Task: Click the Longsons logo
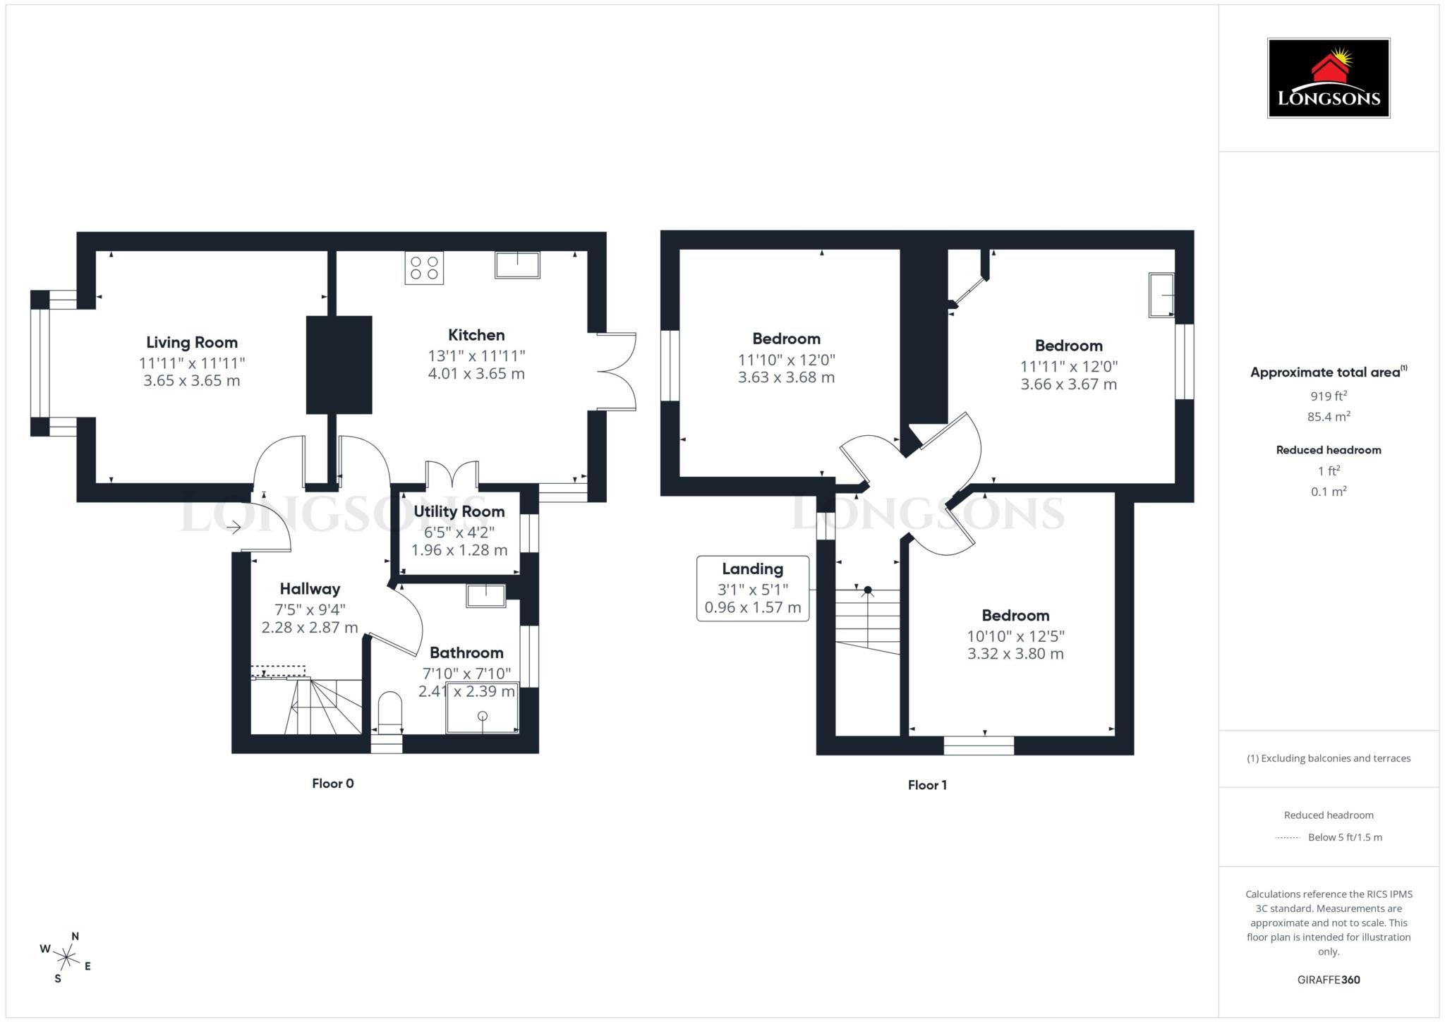pos(1328,78)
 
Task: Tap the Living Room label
pos(192,343)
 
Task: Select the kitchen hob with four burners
pos(424,268)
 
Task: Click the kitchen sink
pos(517,264)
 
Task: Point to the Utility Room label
pos(459,511)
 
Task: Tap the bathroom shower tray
pos(483,707)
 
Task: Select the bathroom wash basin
pos(486,596)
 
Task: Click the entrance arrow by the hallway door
pos(234,528)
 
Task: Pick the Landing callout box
pos(752,588)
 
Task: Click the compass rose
pos(66,957)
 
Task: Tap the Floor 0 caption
pos(332,784)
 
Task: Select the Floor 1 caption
pos(927,785)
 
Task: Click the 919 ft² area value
pos(1328,396)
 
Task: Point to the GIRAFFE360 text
pos(1328,980)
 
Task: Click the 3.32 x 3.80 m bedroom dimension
pos(1015,654)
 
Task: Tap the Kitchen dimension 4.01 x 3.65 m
pos(476,374)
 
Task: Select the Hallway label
pos(310,589)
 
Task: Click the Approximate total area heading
pos(1328,372)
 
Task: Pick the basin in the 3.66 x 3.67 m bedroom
pos(1161,295)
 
